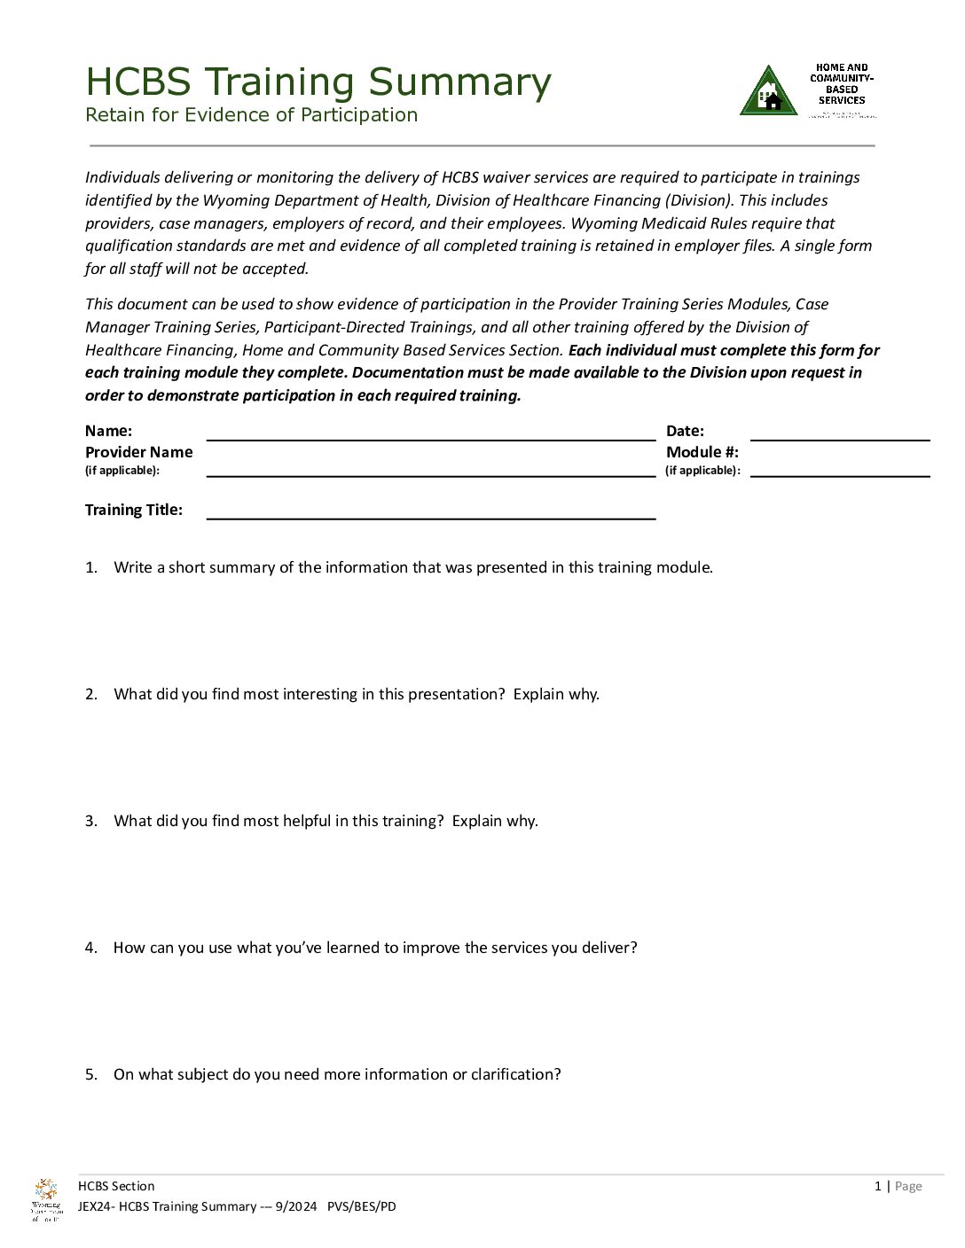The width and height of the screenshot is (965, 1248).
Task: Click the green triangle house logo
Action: (x=768, y=92)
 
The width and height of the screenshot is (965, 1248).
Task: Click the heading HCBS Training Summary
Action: (x=318, y=82)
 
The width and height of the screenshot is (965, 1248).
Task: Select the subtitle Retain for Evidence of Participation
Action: (x=251, y=115)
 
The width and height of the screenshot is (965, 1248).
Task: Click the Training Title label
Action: (x=134, y=510)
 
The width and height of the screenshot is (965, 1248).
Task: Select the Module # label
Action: (x=702, y=452)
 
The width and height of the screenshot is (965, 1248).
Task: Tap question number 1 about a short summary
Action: (x=412, y=567)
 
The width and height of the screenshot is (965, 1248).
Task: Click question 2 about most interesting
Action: (x=356, y=694)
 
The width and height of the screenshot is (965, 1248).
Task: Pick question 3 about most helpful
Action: (x=326, y=821)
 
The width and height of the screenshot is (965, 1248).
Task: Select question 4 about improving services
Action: (x=374, y=948)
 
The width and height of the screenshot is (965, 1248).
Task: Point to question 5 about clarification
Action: (x=337, y=1074)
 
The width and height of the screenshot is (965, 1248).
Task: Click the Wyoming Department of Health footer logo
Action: (x=46, y=1199)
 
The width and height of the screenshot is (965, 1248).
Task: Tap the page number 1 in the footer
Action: (x=877, y=1186)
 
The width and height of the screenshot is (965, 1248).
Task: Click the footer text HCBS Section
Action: (x=116, y=1186)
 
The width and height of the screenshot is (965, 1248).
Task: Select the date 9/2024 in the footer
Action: (x=295, y=1206)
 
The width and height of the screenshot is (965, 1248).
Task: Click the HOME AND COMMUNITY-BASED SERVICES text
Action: (x=842, y=84)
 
